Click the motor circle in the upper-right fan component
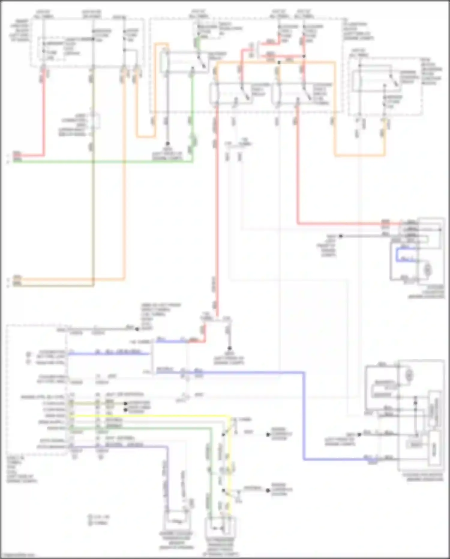coord(427,269)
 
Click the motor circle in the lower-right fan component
coord(409,375)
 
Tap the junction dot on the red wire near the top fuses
coord(304,56)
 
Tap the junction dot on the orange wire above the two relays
coord(279,62)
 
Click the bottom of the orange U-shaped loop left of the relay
coord(146,137)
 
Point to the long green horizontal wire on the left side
coord(102,162)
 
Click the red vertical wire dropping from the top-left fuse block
coord(44,120)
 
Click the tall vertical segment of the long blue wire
coord(304,418)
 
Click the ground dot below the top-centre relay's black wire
coord(168,144)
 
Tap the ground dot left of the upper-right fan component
coord(340,236)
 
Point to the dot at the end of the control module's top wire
coord(137,329)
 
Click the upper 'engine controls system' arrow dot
coord(268,435)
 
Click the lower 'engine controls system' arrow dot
coord(268,490)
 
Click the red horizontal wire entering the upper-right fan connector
coord(345,223)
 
